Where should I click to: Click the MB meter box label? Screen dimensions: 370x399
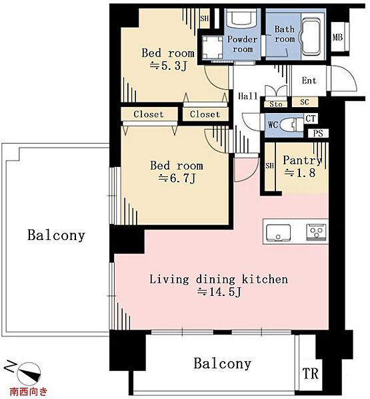click(337, 37)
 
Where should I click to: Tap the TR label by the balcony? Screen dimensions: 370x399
click(310, 374)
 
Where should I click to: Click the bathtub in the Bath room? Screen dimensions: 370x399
click(311, 37)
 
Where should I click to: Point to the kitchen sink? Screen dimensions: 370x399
click(278, 232)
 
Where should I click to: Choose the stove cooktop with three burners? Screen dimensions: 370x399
click(317, 232)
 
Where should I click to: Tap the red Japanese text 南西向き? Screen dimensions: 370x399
click(29, 391)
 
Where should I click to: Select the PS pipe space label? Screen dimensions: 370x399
click(318, 133)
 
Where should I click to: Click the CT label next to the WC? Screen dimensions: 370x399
click(310, 118)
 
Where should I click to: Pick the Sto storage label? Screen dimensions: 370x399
click(276, 104)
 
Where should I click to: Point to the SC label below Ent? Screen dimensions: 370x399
click(305, 102)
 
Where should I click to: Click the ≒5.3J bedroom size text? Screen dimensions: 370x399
click(169, 66)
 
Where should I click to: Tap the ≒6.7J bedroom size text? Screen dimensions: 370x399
click(177, 178)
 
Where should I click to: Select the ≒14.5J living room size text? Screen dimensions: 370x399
click(219, 291)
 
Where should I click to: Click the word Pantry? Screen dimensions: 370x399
click(302, 160)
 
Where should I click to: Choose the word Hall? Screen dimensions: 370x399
click(248, 96)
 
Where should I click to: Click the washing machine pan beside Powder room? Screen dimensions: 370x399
click(212, 47)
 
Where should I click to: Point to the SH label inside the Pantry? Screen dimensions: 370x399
click(269, 166)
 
